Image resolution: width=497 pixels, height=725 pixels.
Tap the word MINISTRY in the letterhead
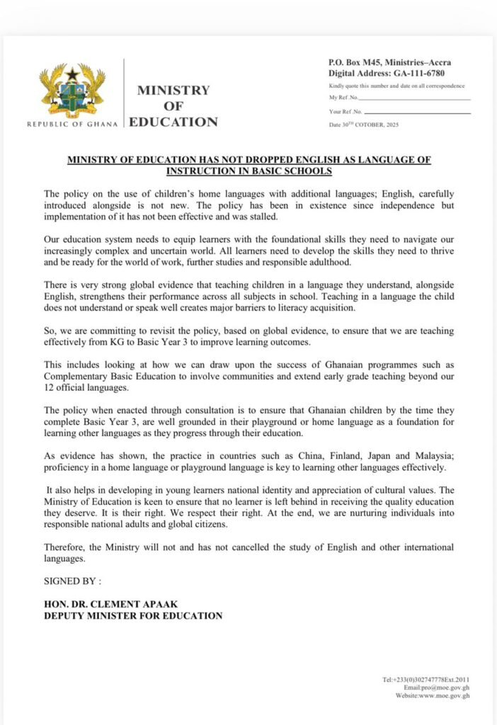[173, 91]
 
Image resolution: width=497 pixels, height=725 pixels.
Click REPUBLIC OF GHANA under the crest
[73, 124]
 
